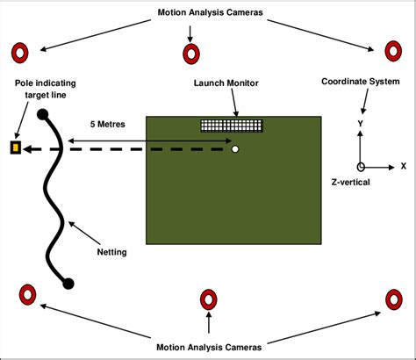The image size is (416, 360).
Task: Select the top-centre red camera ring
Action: point(190,54)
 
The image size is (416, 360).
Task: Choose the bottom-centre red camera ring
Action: point(209,299)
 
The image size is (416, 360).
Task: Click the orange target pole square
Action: point(15,148)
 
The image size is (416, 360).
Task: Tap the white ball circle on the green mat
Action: point(234,149)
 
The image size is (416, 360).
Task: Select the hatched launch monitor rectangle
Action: point(232,126)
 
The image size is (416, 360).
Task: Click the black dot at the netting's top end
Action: point(42,113)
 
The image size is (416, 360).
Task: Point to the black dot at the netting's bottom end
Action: point(68,282)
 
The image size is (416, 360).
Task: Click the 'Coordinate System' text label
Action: point(360,83)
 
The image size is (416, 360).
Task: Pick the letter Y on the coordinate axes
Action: point(361,125)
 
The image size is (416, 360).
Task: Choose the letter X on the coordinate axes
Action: point(403,165)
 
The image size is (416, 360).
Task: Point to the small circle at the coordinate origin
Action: point(361,166)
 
